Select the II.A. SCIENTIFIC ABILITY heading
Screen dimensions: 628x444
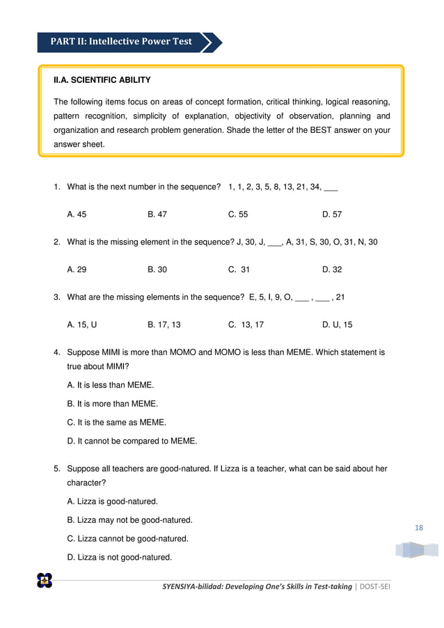(102, 80)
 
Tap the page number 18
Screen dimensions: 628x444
(418, 527)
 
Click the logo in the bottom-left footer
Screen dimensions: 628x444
(45, 580)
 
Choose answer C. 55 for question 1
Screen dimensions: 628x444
(238, 215)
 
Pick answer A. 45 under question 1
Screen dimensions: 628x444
(77, 215)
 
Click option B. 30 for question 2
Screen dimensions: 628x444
(157, 269)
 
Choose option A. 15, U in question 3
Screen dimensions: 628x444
(81, 324)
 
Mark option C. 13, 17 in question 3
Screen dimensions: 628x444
(246, 324)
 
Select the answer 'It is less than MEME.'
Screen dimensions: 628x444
(111, 385)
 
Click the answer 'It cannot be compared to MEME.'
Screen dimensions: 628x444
(132, 441)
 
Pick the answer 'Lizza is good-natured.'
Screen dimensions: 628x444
(112, 501)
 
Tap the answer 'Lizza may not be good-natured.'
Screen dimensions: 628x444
(129, 520)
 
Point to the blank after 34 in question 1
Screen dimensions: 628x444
(331, 188)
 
